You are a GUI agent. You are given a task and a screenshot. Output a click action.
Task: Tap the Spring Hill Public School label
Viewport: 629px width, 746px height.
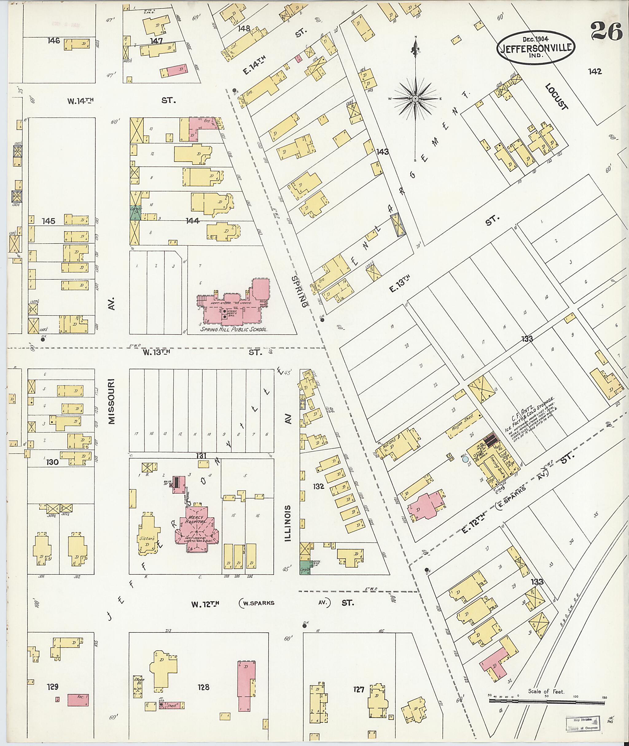pos(233,330)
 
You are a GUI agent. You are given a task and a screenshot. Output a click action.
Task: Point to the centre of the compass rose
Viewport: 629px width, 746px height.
pos(416,98)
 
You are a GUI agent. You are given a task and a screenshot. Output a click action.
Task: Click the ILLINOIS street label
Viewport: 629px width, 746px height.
pos(288,523)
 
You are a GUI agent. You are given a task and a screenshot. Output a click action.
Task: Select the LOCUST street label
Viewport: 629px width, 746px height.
pos(557,97)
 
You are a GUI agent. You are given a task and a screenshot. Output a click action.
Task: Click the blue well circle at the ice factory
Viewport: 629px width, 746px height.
pos(465,459)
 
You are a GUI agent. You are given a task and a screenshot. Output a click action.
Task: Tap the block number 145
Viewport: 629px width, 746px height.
pos(49,221)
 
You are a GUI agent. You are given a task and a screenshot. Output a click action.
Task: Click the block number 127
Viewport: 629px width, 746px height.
pos(358,690)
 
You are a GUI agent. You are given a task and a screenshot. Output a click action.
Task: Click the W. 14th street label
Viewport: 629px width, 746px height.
pos(80,101)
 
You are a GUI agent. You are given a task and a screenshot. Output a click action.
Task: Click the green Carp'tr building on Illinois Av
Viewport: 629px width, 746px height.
pos(304,570)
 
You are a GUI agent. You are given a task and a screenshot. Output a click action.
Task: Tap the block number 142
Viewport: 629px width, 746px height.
pos(595,71)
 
